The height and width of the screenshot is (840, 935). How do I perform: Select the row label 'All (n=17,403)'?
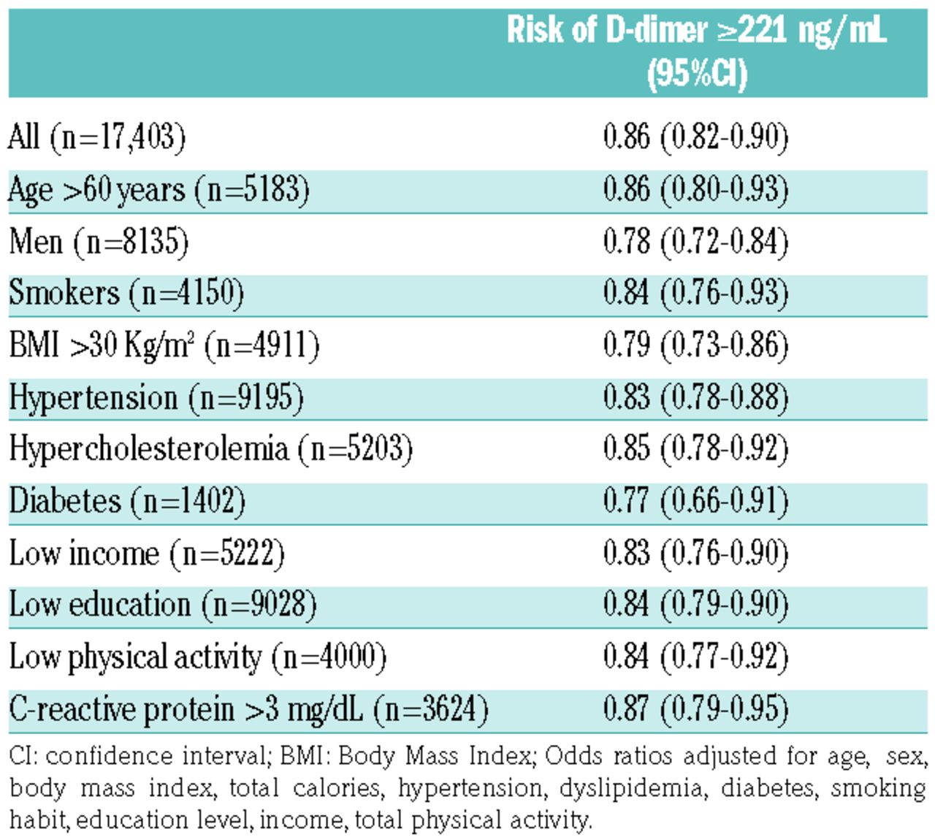[97, 137]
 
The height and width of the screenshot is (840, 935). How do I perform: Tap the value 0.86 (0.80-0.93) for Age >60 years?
[696, 190]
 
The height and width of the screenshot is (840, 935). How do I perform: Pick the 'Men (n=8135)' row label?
[99, 242]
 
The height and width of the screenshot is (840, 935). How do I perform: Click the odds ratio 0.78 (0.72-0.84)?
[696, 242]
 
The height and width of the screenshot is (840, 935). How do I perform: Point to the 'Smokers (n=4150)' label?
[126, 294]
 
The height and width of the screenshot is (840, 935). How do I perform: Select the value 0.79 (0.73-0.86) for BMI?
[696, 345]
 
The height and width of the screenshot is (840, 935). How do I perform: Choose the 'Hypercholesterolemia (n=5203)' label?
[211, 449]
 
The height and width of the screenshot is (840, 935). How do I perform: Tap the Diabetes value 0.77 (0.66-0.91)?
[696, 502]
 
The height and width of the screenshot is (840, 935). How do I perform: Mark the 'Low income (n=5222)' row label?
[147, 554]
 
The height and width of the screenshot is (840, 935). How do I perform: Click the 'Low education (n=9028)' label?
[163, 606]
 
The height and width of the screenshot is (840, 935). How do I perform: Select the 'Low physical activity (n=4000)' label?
[198, 657]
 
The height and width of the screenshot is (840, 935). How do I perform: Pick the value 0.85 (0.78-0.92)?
[696, 449]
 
